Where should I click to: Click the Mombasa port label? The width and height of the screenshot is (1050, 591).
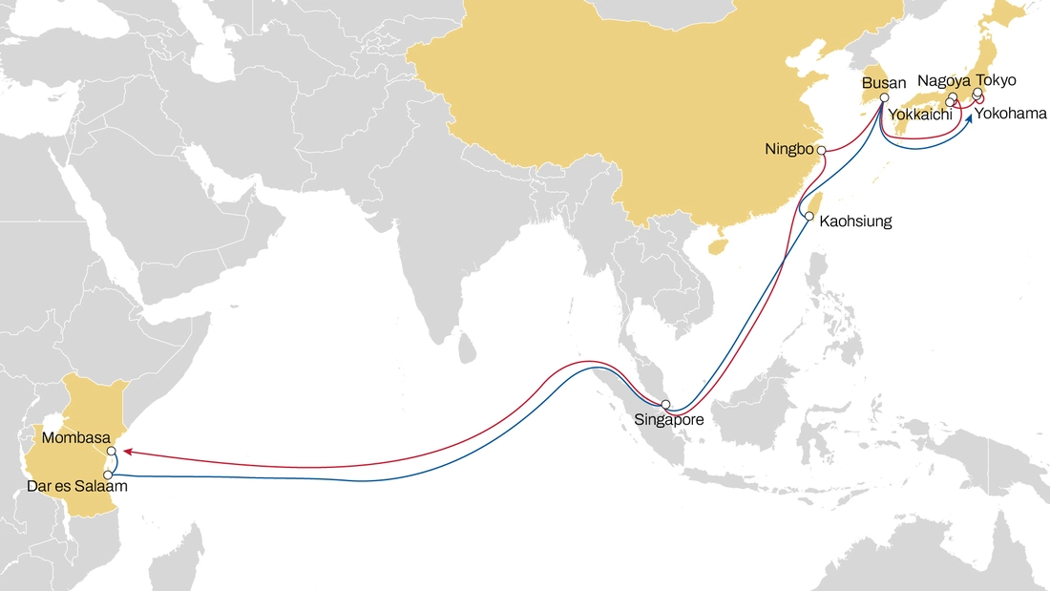[75, 438]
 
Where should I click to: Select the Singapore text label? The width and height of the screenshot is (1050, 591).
[669, 419]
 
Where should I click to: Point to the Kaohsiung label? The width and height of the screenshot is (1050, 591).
[855, 222]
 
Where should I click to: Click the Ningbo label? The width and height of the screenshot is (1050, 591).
[787, 150]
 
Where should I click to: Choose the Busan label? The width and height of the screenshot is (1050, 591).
[882, 83]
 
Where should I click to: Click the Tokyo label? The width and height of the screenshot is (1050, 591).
[996, 80]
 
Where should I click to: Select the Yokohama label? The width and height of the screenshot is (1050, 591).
[1010, 114]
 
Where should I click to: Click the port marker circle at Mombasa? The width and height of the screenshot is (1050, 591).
[112, 451]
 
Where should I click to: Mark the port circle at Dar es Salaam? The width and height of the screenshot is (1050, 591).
[108, 475]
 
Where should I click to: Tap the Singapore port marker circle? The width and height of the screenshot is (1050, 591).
[666, 405]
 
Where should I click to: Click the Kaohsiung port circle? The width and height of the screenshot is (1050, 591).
[808, 218]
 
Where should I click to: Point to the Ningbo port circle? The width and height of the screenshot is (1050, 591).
[822, 151]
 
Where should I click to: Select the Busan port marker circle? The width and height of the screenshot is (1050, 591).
[884, 98]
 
